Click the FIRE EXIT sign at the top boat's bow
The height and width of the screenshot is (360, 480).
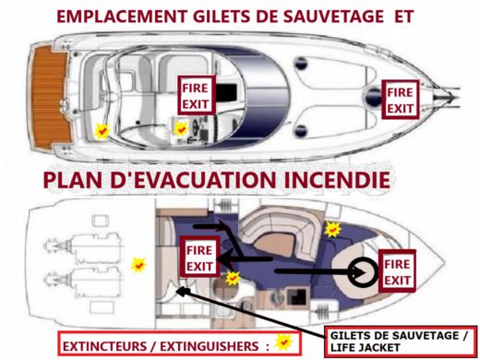coord(400,100)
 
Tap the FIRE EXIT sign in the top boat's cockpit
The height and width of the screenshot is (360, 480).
coord(197,95)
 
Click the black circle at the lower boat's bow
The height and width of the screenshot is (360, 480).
coord(361,270)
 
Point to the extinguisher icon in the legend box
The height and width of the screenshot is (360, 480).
coord(286,342)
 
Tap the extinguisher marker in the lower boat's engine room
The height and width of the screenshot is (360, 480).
coord(138,265)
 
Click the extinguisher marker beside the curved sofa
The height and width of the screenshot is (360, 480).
coord(332,227)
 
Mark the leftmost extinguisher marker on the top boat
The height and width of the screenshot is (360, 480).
coord(102,132)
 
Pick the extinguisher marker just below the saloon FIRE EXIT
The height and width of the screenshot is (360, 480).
coord(233,277)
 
